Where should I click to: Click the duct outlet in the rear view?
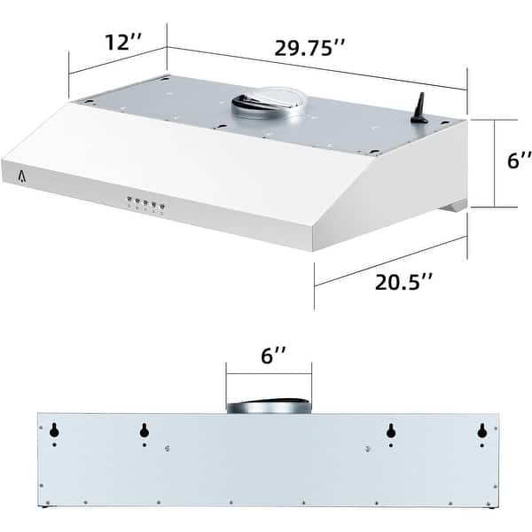[268, 407]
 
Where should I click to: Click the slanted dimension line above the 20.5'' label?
[390, 261]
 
